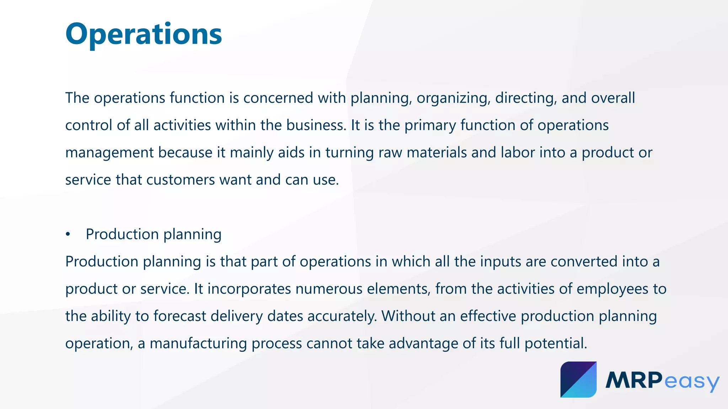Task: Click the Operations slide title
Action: [x=144, y=34]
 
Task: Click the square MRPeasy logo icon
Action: [x=578, y=379]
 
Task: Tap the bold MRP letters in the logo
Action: [x=634, y=380]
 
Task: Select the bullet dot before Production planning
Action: [x=68, y=235]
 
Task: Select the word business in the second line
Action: [x=316, y=125]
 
